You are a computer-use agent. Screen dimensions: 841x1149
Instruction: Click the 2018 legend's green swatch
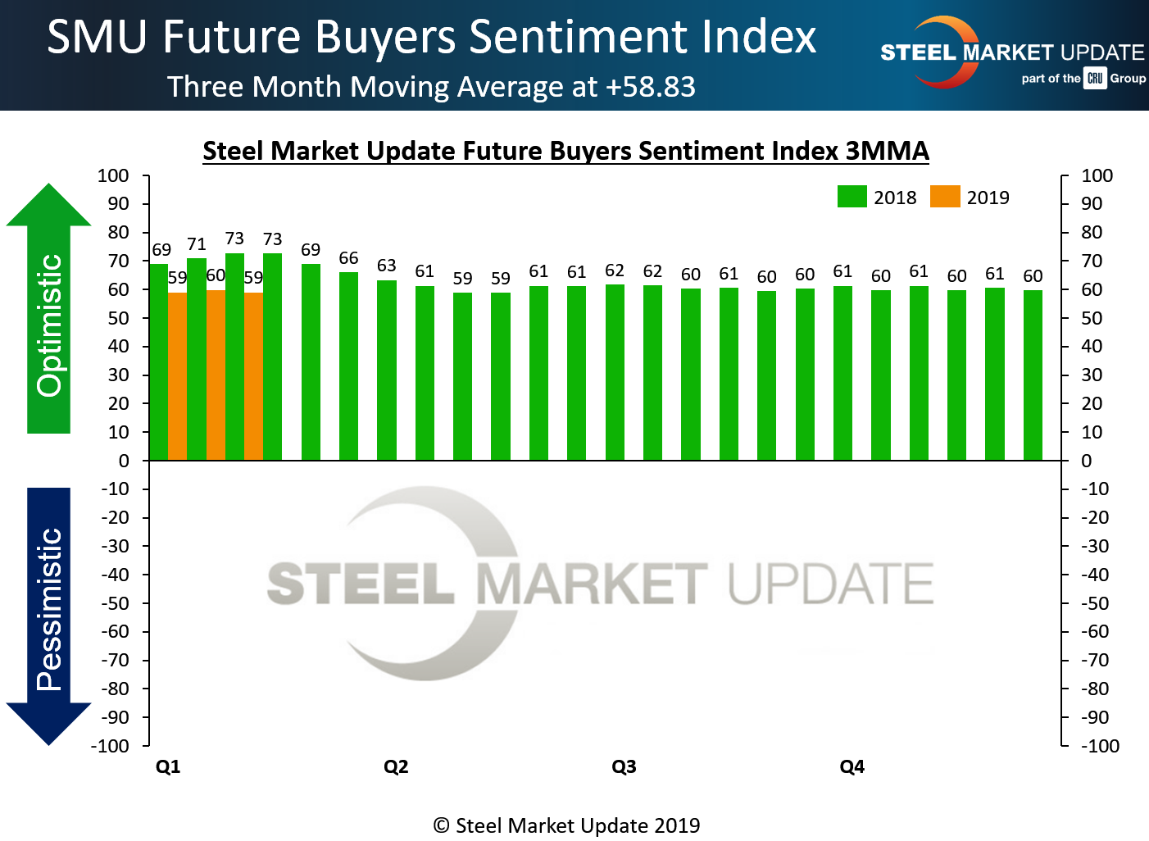(x=852, y=197)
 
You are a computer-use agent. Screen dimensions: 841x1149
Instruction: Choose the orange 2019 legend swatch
(x=944, y=197)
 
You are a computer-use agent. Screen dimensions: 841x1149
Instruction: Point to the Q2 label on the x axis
(x=396, y=766)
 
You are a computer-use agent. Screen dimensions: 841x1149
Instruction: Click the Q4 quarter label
(x=852, y=766)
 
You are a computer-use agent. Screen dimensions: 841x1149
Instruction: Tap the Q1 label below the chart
(x=168, y=766)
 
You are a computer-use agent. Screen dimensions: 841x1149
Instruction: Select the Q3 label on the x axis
(x=624, y=766)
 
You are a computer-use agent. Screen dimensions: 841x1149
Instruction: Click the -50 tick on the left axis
(x=115, y=603)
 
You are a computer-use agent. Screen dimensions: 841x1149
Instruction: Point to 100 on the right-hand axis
(x=1097, y=175)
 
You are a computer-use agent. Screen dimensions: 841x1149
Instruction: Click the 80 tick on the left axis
(x=119, y=232)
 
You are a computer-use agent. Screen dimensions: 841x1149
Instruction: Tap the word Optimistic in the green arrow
(x=50, y=325)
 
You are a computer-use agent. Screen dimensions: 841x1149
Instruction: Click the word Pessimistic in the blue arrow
(x=50, y=609)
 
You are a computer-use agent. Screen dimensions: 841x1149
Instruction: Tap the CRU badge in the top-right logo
(x=1095, y=79)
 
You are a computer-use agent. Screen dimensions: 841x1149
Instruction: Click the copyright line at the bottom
(x=566, y=825)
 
